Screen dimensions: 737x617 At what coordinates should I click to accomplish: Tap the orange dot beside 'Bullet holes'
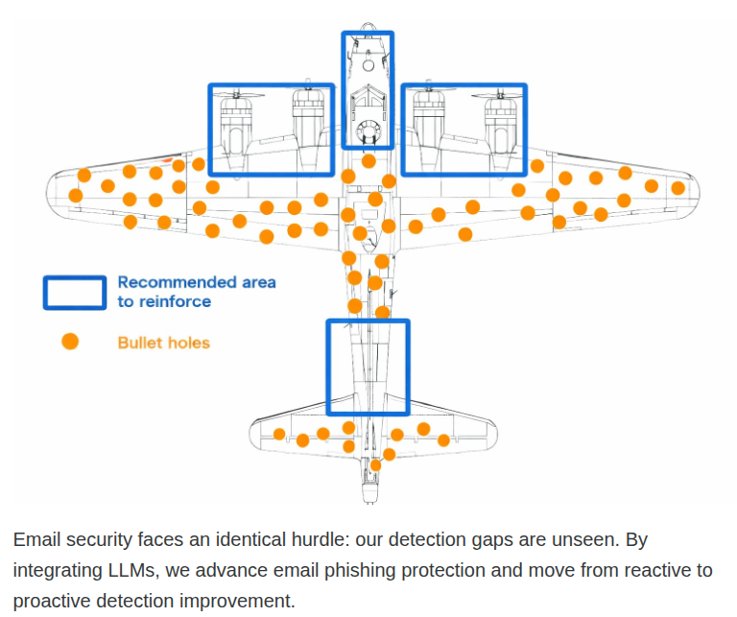70,342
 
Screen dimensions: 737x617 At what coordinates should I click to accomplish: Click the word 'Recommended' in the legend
178,282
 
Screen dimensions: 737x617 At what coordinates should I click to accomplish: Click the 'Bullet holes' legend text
163,343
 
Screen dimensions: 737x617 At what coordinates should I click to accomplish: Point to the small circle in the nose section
368,65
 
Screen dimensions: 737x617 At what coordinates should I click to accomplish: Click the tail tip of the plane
368,502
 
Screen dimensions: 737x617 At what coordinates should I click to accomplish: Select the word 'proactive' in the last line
52,602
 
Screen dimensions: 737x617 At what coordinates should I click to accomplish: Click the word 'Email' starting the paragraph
36,539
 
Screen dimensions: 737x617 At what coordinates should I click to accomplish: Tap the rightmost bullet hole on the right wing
678,188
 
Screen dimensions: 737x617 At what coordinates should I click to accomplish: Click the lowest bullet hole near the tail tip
375,465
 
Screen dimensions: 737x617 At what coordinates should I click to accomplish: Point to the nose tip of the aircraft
368,23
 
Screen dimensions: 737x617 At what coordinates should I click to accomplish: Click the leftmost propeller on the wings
237,94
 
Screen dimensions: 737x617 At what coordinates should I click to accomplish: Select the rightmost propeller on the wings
500,94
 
